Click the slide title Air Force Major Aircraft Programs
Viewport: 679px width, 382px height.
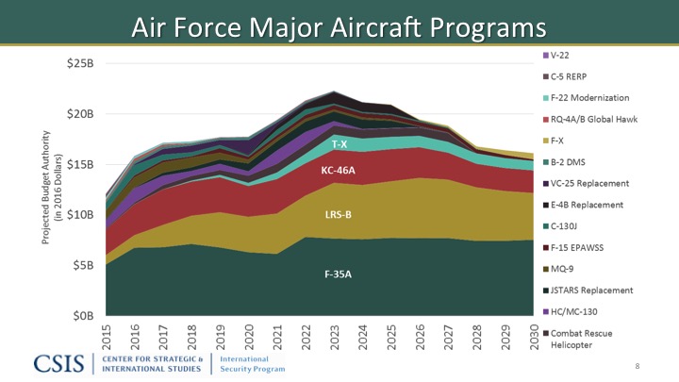click(x=339, y=25)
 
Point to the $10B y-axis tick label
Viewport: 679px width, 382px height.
click(x=79, y=215)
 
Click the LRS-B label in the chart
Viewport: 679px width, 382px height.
click(x=337, y=216)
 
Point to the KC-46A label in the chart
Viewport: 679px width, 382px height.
click(x=338, y=171)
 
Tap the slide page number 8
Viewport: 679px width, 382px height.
click(x=639, y=365)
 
